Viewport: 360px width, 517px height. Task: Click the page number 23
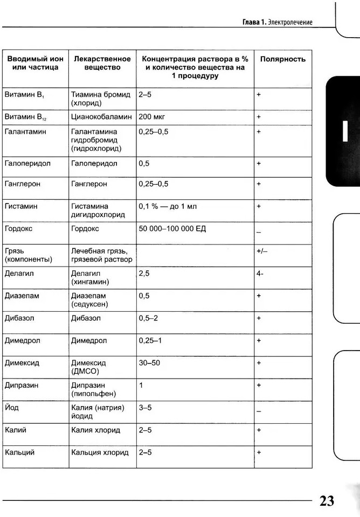pos(327,501)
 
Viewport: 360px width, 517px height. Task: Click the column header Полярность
pos(282,59)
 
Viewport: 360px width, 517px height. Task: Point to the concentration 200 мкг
pos(151,116)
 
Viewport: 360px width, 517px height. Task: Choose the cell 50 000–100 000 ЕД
pos(172,229)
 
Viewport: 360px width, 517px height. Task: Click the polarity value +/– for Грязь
pos(262,251)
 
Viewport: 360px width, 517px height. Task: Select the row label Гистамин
pos(21,206)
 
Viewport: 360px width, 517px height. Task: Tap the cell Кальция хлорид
pos(100,452)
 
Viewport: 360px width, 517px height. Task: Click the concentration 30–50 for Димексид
pos(149,363)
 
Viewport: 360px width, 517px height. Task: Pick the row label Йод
pos(11,408)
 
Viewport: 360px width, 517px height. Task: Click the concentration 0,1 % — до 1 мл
pos(169,206)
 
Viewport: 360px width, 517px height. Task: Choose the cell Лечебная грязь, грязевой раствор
pos(101,255)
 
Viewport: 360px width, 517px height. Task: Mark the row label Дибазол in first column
pos(19,318)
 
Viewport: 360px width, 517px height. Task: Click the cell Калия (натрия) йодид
pos(98,412)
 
